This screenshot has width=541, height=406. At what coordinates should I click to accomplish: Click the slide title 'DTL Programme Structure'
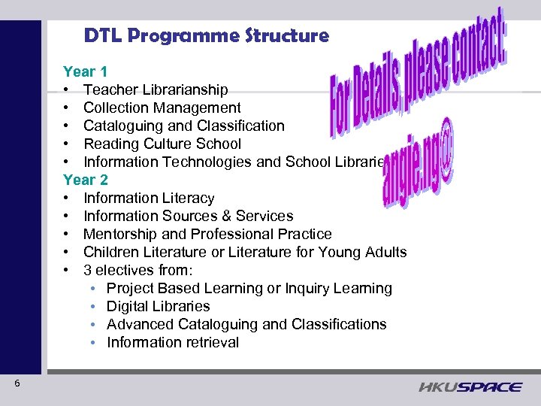206,35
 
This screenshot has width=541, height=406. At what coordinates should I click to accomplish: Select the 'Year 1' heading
85,72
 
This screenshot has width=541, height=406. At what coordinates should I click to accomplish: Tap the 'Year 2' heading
85,180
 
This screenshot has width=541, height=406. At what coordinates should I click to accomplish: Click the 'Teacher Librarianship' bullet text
156,90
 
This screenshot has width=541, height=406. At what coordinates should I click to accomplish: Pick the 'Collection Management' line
162,108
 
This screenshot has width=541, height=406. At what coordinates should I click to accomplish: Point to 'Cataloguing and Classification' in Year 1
183,126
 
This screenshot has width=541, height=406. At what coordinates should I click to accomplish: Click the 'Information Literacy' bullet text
149,198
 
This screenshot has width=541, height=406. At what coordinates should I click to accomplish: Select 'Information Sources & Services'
188,217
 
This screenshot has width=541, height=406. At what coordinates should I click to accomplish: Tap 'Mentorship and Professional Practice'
207,235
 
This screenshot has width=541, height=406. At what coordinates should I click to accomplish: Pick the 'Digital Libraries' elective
158,307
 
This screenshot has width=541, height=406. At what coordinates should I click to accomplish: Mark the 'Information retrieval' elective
173,343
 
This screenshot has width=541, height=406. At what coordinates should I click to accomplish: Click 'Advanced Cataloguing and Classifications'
246,325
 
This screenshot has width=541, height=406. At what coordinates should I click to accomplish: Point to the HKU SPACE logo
470,386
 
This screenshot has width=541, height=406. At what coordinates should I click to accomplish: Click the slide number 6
17,384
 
